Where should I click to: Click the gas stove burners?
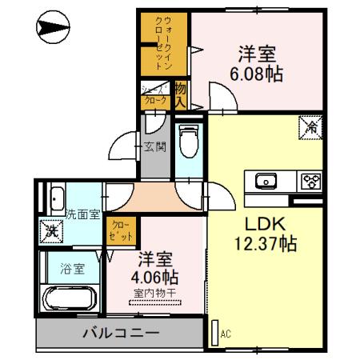point(310,181)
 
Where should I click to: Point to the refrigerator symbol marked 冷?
point(310,126)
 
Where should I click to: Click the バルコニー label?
point(120,332)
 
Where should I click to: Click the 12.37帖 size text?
point(265,242)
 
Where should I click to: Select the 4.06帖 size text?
point(157,277)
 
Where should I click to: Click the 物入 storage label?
point(181,94)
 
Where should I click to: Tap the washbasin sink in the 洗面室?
point(57,198)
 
